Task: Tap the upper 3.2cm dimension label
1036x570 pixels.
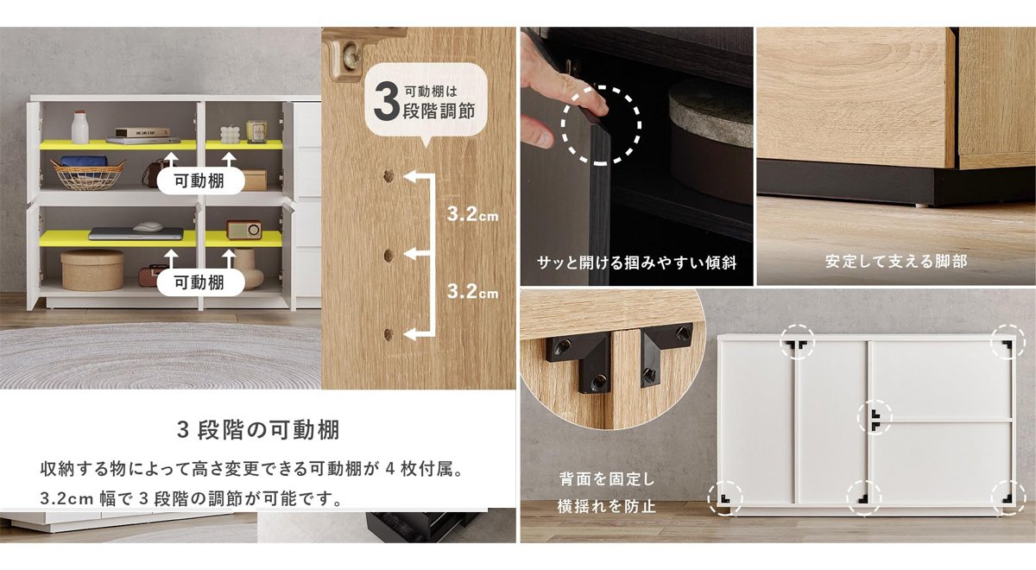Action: point(472,214)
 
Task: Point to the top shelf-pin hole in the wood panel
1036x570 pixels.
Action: point(389,177)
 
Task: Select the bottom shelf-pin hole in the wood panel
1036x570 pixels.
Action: point(389,332)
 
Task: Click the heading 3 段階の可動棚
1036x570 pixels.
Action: point(257,429)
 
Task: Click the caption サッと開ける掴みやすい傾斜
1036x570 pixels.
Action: point(636,261)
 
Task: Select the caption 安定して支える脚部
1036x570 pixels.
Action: point(896,261)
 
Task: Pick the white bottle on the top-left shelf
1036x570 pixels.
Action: point(80,127)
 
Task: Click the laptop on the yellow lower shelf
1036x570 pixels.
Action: point(136,232)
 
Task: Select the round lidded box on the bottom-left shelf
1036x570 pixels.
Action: point(92,269)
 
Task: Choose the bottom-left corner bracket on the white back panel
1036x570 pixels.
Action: point(724,498)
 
